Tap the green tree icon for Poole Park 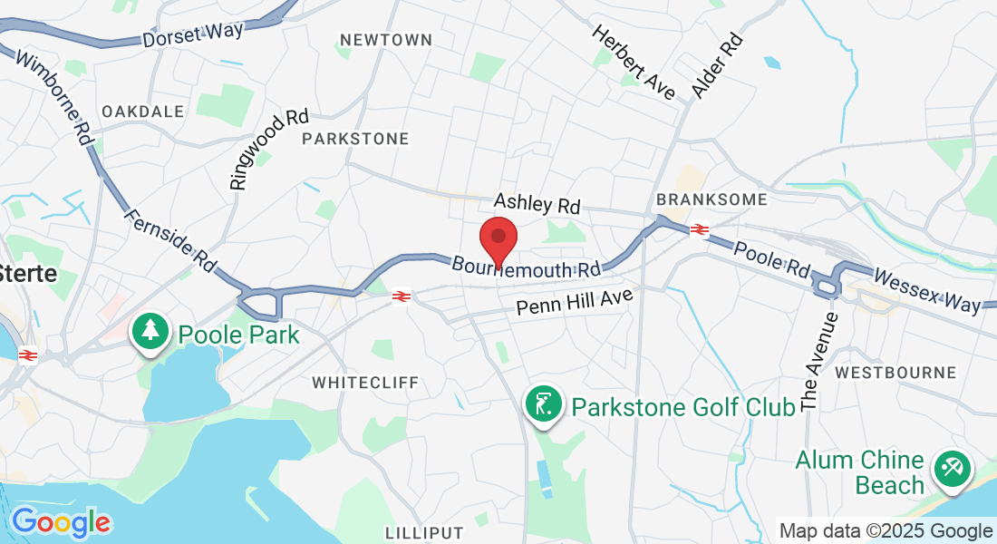pyautogui.click(x=150, y=333)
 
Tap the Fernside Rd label pyautogui.click(x=170, y=239)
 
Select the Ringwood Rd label pyautogui.click(x=269, y=150)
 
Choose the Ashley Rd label pyautogui.click(x=537, y=204)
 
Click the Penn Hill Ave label pyautogui.click(x=574, y=302)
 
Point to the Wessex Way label pyautogui.click(x=925, y=290)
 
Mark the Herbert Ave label pyautogui.click(x=634, y=62)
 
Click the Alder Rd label pyautogui.click(x=717, y=65)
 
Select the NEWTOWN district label pyautogui.click(x=385, y=40)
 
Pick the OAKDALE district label pyautogui.click(x=142, y=111)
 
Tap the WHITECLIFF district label pyautogui.click(x=365, y=383)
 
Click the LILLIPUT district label pyautogui.click(x=424, y=532)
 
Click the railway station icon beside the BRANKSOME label pyautogui.click(x=699, y=229)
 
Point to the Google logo pyautogui.click(x=61, y=522)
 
